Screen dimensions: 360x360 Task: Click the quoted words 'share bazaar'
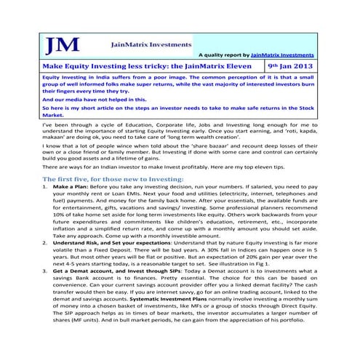(207, 146)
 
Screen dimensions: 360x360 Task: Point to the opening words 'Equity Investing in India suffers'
(80, 76)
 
